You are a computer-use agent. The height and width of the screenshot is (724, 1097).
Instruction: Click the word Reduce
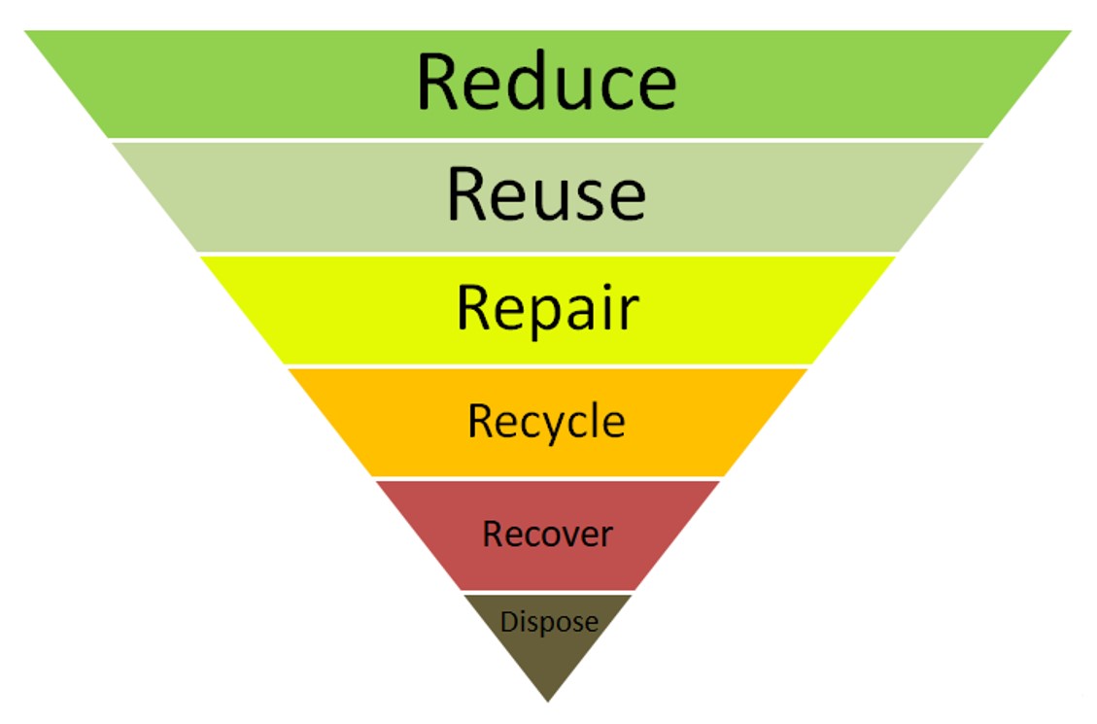point(546,82)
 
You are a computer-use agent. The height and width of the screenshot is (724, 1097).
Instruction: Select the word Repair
point(548,308)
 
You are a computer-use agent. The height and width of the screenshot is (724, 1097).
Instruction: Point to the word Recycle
point(546,422)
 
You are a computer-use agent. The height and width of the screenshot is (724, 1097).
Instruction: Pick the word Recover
point(547,534)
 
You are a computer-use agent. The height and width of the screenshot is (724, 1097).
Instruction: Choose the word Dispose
point(549,622)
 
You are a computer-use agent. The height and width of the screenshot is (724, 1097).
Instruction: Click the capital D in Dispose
point(508,621)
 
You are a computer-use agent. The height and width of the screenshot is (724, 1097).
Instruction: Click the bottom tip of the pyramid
point(548,702)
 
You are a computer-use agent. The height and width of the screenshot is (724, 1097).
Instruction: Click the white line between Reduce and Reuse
point(548,140)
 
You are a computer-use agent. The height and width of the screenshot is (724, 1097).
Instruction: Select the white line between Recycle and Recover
point(548,478)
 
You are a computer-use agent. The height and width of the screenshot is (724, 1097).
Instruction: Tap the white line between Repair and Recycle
point(548,365)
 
